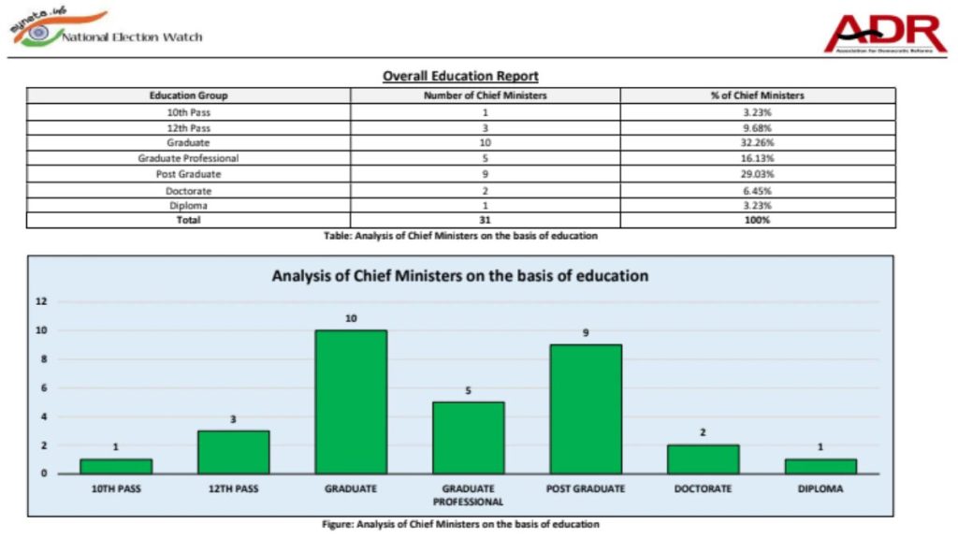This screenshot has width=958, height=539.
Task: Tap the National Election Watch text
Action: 132,37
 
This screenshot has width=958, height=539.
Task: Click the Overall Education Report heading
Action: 460,76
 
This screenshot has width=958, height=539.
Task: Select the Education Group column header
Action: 188,95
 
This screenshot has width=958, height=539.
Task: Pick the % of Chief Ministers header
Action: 757,95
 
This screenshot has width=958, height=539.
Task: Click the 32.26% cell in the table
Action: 757,142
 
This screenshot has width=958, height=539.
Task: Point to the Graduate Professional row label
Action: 188,158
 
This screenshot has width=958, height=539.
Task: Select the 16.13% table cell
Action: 757,158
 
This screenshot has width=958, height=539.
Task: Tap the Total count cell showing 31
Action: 485,220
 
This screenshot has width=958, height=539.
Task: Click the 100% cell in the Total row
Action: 757,220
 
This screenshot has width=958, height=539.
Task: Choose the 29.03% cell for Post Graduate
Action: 757,174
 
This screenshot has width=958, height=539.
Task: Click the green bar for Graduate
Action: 351,401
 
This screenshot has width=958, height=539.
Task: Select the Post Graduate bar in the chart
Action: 586,409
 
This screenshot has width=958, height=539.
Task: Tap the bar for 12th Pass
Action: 233,452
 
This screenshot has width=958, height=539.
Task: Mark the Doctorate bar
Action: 704,459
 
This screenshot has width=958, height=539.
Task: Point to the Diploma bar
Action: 820,466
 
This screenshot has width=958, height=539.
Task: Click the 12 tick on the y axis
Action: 41,301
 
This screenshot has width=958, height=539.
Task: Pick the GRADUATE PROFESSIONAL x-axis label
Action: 469,494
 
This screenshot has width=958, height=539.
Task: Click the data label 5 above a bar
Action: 469,390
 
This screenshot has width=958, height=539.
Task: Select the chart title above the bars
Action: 460,276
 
